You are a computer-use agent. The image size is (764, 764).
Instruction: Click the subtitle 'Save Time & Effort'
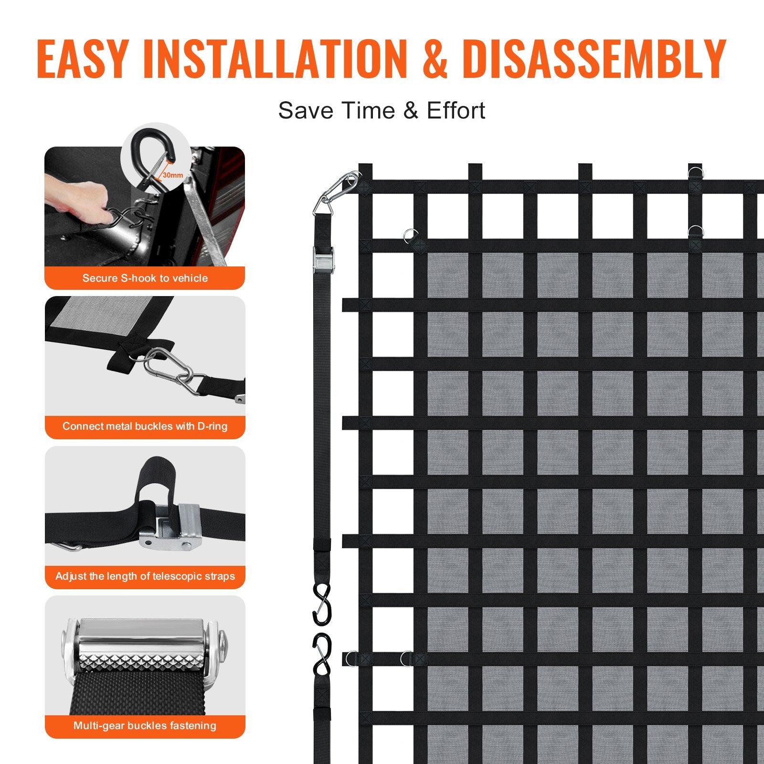[x=382, y=110]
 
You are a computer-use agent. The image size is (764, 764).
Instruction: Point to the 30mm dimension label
[x=172, y=175]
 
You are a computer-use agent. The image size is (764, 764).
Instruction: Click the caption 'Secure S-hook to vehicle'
[x=145, y=278]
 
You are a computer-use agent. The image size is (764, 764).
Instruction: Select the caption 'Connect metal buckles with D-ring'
[x=145, y=426]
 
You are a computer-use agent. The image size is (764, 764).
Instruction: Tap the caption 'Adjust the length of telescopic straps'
[x=145, y=576]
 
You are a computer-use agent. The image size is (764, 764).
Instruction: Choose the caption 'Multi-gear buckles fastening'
[x=145, y=726]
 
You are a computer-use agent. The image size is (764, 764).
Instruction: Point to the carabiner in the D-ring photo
[x=167, y=370]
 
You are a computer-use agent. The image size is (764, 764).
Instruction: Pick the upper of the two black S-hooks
[x=322, y=604]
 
